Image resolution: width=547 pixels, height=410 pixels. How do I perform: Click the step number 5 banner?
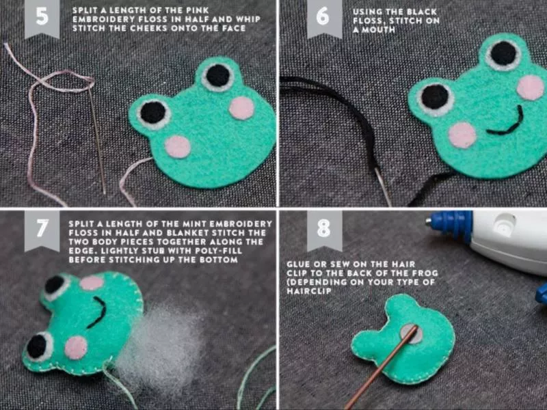[x=42, y=18]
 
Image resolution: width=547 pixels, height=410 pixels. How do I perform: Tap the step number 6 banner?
[x=324, y=18]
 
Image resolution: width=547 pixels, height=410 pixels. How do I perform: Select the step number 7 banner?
[x=42, y=230]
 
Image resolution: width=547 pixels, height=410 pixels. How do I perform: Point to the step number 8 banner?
[x=324, y=230]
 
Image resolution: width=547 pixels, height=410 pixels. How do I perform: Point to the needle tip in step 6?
[x=390, y=205]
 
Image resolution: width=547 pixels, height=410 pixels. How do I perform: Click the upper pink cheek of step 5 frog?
[x=241, y=108]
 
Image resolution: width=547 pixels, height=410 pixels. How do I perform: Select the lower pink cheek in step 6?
[x=462, y=135]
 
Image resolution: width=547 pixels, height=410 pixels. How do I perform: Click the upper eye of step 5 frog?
[x=217, y=77]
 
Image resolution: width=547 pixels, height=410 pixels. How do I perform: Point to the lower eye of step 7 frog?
[x=38, y=346]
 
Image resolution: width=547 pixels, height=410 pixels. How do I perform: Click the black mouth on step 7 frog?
[x=98, y=312]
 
